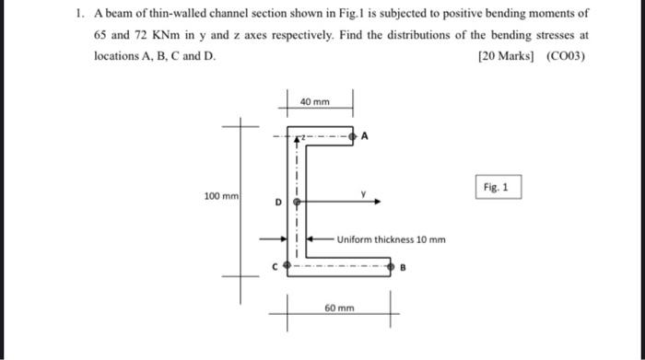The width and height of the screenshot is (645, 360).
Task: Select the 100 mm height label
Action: (221, 196)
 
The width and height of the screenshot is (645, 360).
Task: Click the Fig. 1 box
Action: (498, 188)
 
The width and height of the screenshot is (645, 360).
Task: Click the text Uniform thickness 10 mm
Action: (391, 239)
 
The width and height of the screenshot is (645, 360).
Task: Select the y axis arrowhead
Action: (377, 199)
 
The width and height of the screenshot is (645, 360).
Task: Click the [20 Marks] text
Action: (506, 55)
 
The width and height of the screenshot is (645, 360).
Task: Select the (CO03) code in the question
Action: (565, 55)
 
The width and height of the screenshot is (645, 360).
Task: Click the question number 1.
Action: (80, 15)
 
